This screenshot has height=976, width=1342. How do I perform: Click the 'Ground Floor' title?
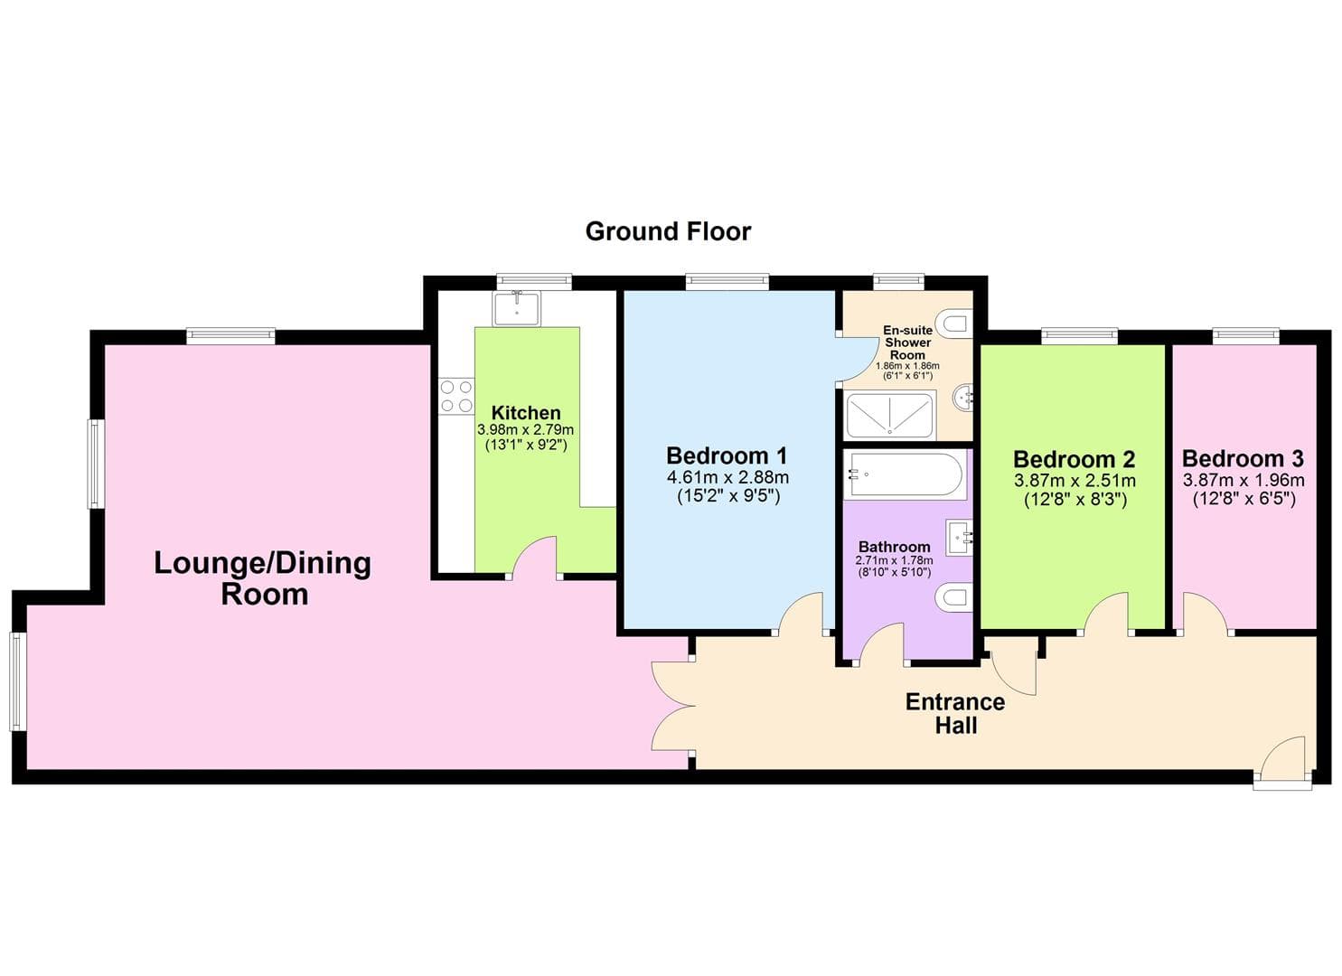[668, 231]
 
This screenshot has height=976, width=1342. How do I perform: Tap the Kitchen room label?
[525, 413]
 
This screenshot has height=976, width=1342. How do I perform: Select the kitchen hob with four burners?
[456, 396]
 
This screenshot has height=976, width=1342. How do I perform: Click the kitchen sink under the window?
[516, 308]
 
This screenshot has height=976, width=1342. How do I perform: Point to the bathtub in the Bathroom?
[905, 475]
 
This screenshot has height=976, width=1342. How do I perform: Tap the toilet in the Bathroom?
[953, 597]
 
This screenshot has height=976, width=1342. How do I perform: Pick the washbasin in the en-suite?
[964, 396]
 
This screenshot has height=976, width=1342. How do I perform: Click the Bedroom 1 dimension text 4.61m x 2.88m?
[727, 477]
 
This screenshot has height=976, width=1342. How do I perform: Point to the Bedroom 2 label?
[1074, 459]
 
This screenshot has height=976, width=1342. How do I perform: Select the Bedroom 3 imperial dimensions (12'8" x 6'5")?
[1243, 499]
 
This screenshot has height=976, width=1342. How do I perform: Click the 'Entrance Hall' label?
[955, 713]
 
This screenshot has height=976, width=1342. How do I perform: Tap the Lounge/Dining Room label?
[263, 578]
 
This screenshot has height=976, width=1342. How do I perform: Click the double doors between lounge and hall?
[671, 706]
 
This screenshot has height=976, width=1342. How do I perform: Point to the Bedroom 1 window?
[727, 282]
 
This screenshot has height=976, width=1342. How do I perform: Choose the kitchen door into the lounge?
[534, 558]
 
